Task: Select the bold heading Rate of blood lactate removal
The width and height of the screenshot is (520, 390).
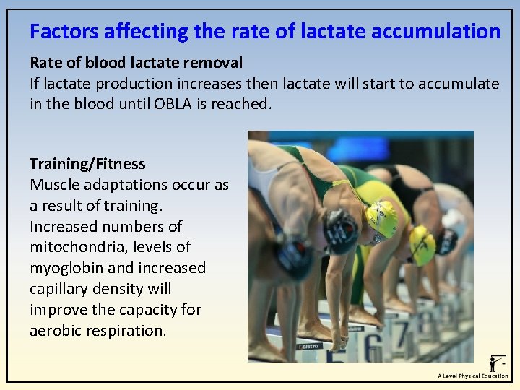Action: tap(136, 63)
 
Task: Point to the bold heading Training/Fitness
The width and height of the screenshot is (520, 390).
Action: tap(87, 164)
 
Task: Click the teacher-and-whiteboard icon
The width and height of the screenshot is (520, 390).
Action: tap(498, 363)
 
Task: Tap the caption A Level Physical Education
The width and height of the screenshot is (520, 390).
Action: tap(472, 376)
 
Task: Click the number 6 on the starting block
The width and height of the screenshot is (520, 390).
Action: tap(373, 347)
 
